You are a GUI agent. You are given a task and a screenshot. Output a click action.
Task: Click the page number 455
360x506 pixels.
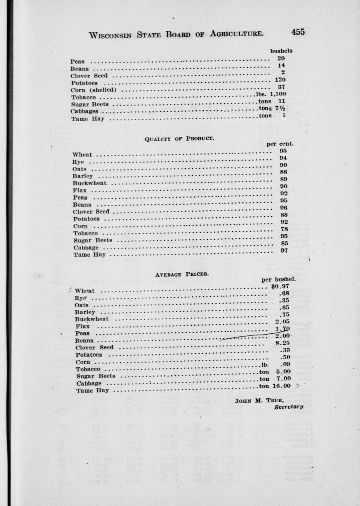coord(298,32)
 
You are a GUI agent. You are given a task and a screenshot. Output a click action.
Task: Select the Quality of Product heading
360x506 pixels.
coord(179,139)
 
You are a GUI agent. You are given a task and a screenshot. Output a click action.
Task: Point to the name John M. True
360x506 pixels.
coord(259,400)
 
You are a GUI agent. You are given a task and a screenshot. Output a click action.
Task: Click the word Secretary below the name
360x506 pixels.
coord(289,407)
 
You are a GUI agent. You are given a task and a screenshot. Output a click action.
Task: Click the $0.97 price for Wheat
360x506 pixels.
coord(280,286)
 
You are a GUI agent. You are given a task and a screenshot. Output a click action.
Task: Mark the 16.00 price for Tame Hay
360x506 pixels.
coord(281,386)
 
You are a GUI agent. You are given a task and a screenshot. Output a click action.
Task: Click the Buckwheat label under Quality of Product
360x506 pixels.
coord(90,183)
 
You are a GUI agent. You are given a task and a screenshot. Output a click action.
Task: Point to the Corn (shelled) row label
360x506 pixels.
coord(94,90)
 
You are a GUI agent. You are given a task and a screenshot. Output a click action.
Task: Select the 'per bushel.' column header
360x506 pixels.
coord(279,279)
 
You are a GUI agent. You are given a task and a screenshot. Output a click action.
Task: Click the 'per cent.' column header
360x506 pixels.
coord(280,144)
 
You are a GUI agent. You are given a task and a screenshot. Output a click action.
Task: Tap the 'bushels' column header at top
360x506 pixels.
coord(281,51)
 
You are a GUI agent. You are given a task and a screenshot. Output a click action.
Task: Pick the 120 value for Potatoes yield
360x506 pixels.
coord(280,80)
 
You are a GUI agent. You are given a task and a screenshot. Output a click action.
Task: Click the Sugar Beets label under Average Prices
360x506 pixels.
coord(96,376)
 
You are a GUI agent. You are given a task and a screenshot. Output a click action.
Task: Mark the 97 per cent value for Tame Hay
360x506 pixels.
coord(284,250)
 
